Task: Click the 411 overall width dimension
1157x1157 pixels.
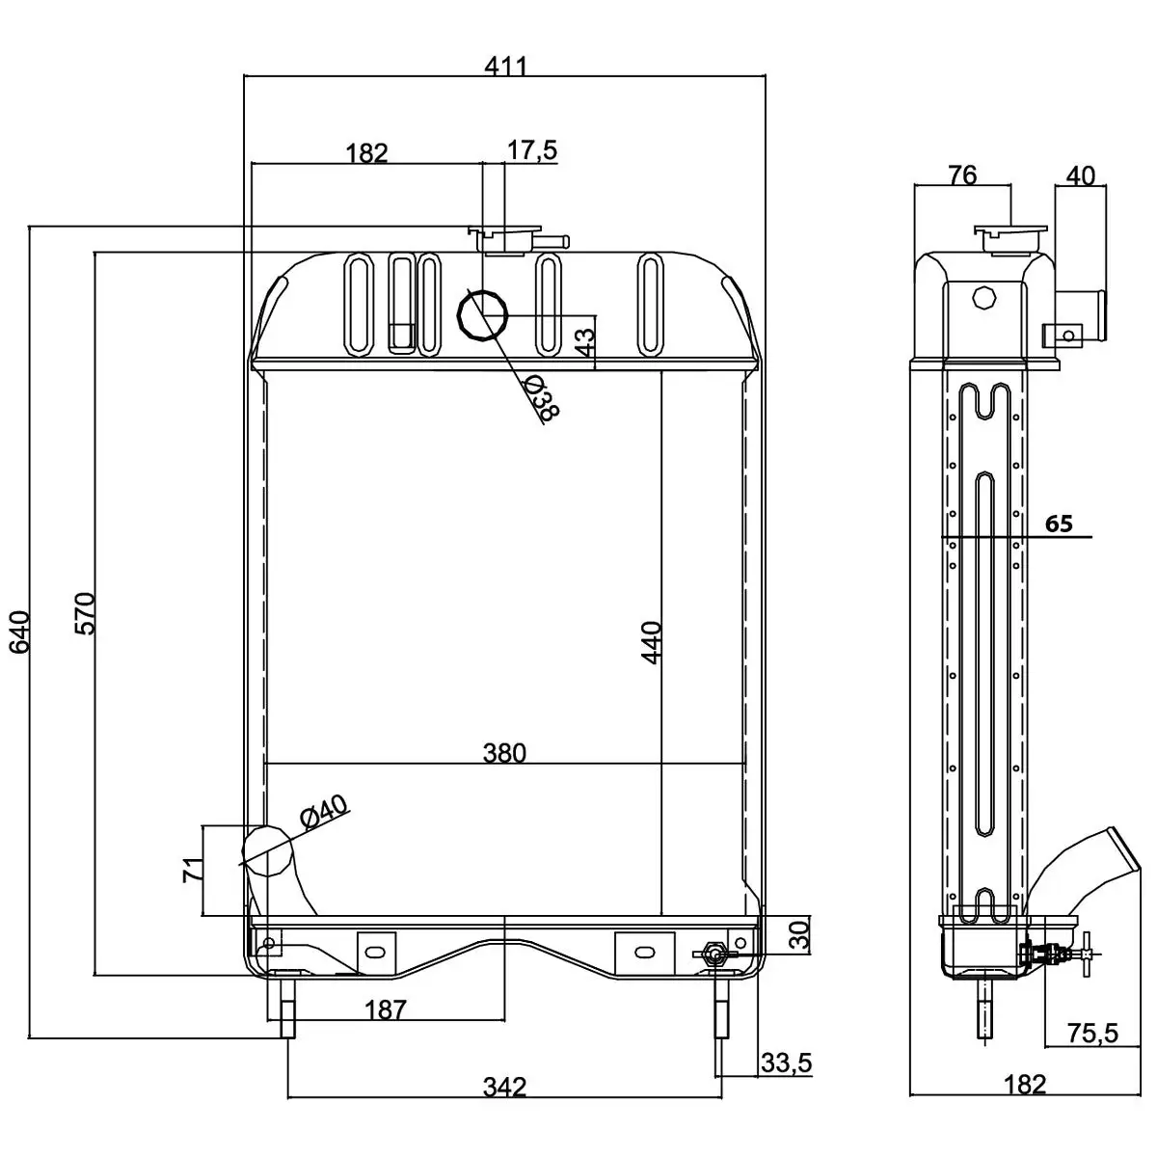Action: (x=505, y=66)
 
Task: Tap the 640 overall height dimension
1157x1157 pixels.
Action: (x=20, y=631)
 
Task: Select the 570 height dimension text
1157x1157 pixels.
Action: (x=85, y=611)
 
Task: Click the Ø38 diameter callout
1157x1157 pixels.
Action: (x=543, y=397)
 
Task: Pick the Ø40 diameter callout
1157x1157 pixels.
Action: (x=324, y=813)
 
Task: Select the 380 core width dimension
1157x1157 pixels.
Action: (x=505, y=752)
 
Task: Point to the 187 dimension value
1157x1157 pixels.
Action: (x=386, y=1009)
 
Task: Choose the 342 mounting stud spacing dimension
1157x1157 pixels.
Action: (x=504, y=1087)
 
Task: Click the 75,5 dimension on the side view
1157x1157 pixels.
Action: (x=1092, y=1034)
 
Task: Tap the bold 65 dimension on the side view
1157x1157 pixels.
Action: (x=1059, y=524)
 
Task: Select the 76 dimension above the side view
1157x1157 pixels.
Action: (x=962, y=175)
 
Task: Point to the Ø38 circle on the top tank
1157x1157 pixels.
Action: (x=483, y=314)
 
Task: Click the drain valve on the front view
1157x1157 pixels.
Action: (x=713, y=955)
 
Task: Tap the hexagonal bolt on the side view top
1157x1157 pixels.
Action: (x=982, y=297)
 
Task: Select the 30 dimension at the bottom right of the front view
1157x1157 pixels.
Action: (x=798, y=934)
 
